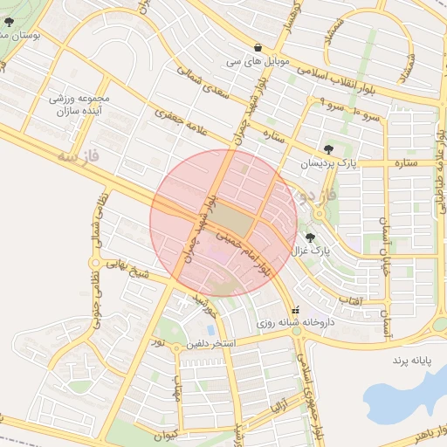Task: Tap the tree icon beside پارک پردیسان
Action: coord(327,149)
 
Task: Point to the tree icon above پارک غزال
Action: coord(310,237)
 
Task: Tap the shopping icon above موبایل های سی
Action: coord(258,47)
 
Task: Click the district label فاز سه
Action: coord(75,157)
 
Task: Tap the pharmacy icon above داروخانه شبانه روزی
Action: coord(294,309)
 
